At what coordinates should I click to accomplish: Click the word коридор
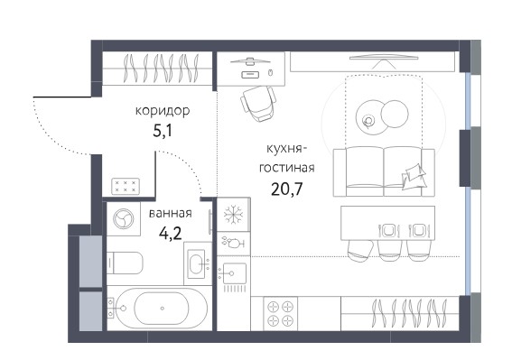[x=163, y=111]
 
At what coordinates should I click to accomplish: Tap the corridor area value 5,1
[x=163, y=131]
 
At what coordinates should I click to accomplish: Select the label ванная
[x=170, y=214]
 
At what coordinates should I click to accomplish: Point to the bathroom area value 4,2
[x=170, y=234]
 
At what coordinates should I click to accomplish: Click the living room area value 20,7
[x=287, y=189]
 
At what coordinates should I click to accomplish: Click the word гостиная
[x=286, y=168]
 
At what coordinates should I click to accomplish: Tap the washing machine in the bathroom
[x=124, y=218]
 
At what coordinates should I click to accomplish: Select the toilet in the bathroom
[x=125, y=263]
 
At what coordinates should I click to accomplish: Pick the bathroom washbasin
[x=198, y=263]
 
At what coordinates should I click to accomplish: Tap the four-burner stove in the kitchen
[x=280, y=314]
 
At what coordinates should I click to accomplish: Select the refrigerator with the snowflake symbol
[x=234, y=215]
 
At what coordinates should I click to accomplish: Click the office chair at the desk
[x=258, y=104]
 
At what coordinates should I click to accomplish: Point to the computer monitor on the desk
[x=250, y=61]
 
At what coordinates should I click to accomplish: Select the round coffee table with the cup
[x=369, y=117]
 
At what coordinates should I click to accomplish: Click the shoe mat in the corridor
[x=126, y=187]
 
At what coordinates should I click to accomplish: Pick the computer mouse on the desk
[x=270, y=72]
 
